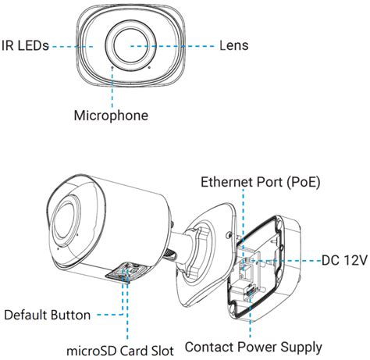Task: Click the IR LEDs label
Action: [x=25, y=46]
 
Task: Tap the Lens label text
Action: [x=233, y=45]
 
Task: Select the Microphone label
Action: [x=111, y=116]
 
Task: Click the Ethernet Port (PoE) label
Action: [x=260, y=182]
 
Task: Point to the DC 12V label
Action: [x=344, y=260]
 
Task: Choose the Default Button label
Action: [x=47, y=315]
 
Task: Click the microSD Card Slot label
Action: [x=120, y=351]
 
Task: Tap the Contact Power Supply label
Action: [x=254, y=348]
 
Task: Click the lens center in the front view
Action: [x=130, y=46]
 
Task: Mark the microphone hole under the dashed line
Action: [x=112, y=67]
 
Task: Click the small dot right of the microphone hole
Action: [x=149, y=67]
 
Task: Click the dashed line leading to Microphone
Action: [x=112, y=87]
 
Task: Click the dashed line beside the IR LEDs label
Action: [x=73, y=47]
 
